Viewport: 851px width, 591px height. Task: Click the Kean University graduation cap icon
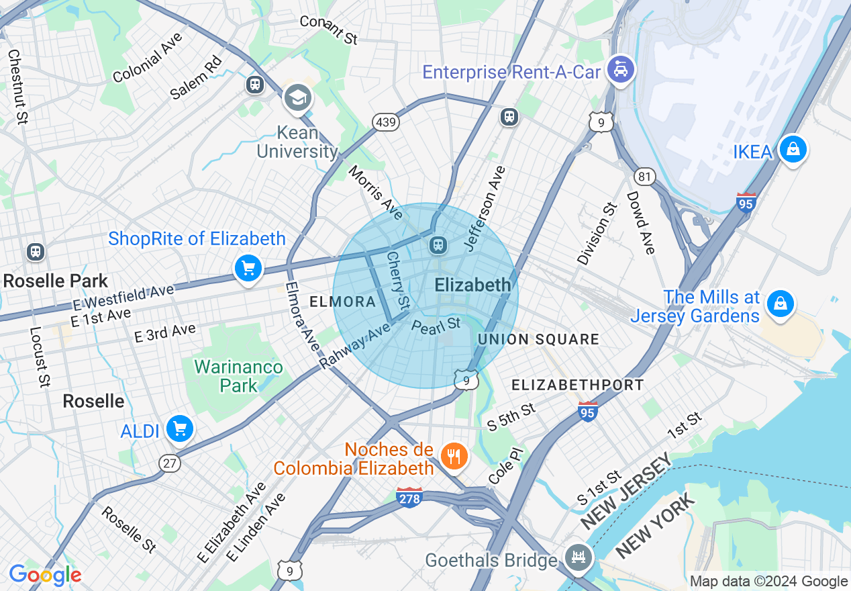tap(297, 98)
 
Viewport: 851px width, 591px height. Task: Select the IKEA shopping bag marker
tap(793, 149)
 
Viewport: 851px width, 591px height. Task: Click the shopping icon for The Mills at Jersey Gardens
tap(780, 304)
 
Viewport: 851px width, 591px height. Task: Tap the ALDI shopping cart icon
tap(179, 428)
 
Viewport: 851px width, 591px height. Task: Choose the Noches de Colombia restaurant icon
tap(454, 457)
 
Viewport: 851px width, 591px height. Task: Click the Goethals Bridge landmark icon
tap(577, 556)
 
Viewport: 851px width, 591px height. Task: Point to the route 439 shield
tap(386, 122)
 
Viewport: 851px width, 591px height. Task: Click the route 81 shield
tap(644, 176)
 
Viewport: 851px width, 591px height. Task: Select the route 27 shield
tap(170, 463)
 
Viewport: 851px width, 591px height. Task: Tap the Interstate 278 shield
tap(409, 498)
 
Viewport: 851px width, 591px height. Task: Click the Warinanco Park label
tap(238, 376)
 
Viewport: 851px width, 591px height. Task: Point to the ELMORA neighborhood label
tap(342, 302)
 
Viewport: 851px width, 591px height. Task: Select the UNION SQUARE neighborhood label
tap(538, 340)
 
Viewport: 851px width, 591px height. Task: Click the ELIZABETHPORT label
tap(578, 385)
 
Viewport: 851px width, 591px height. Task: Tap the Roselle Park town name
tap(56, 281)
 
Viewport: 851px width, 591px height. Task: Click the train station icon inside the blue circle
tap(438, 246)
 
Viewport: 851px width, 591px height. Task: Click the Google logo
tap(45, 575)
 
